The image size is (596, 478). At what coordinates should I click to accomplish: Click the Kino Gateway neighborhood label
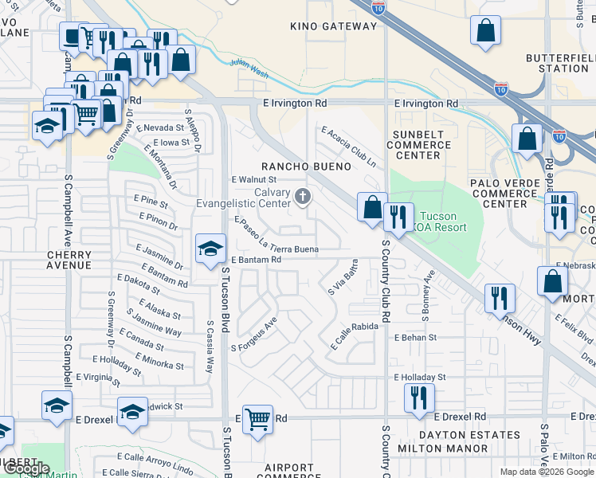pos(333,26)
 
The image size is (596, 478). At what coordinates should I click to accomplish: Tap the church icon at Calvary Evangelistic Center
pos(302,195)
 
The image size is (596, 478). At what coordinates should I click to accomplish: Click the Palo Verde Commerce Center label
pos(511,194)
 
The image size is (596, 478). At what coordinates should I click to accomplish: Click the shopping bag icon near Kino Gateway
pos(486,32)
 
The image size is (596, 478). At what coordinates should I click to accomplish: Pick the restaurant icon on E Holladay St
pos(419,396)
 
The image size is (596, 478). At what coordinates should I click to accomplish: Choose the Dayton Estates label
pos(469,435)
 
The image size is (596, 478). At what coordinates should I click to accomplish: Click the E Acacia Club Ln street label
pos(349,147)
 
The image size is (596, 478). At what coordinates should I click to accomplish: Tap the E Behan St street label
pos(415,338)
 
